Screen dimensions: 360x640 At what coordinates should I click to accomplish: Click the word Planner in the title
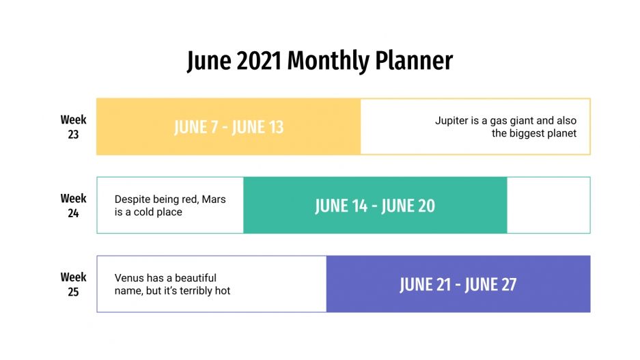[414, 61]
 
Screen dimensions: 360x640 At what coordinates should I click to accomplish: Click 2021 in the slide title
[260, 61]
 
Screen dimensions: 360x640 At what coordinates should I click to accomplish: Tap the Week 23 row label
[73, 127]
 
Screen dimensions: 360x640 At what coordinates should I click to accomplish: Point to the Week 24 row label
[73, 206]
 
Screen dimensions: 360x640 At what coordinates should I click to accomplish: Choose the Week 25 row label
[73, 284]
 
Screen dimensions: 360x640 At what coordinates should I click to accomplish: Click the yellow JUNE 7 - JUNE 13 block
[228, 127]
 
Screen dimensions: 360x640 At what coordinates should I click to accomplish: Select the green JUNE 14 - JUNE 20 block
[375, 206]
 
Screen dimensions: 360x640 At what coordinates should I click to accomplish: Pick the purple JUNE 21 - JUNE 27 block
[458, 284]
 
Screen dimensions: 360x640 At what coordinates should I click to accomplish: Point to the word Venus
[129, 278]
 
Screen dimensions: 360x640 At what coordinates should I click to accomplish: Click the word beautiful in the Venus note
[195, 278]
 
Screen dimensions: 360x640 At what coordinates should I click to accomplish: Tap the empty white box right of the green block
[548, 206]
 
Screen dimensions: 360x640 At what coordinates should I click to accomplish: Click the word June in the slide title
[209, 61]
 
